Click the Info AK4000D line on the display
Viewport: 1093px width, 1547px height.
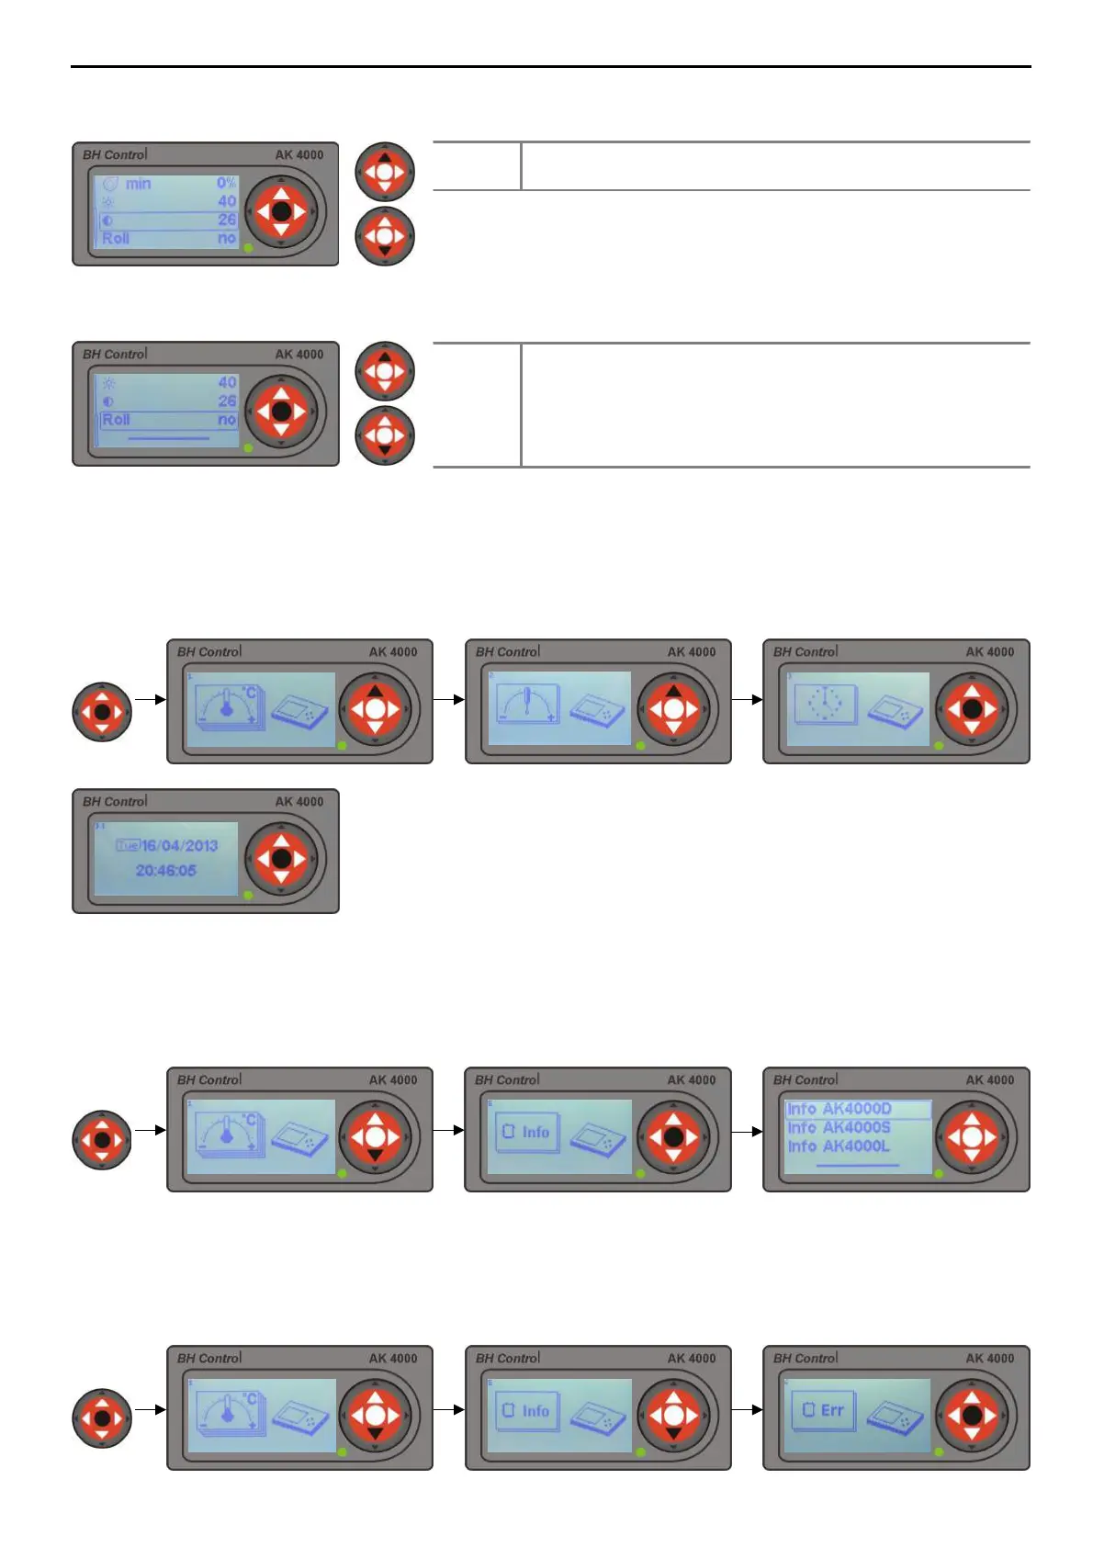tap(839, 1109)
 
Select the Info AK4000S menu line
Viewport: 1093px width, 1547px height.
tap(839, 1127)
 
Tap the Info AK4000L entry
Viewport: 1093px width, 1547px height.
tap(839, 1146)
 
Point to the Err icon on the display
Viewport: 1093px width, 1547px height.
tap(823, 1410)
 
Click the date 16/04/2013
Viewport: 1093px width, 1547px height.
tap(179, 845)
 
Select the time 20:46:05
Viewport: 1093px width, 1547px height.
tap(166, 870)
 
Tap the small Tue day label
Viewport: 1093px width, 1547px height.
tap(128, 845)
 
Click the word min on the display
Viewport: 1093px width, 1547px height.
tap(139, 184)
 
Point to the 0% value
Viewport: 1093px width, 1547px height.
tap(226, 183)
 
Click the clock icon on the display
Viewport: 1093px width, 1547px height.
tap(826, 706)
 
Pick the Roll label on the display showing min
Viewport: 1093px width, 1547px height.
tap(116, 238)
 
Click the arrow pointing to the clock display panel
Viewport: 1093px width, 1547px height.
tap(747, 699)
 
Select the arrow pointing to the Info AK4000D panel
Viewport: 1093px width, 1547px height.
tap(747, 1131)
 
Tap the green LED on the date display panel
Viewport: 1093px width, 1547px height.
tap(248, 895)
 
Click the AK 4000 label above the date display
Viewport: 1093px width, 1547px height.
tap(299, 801)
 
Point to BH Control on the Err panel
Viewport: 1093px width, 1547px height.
tap(806, 1358)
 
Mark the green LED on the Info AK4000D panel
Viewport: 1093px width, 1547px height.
tap(939, 1174)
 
